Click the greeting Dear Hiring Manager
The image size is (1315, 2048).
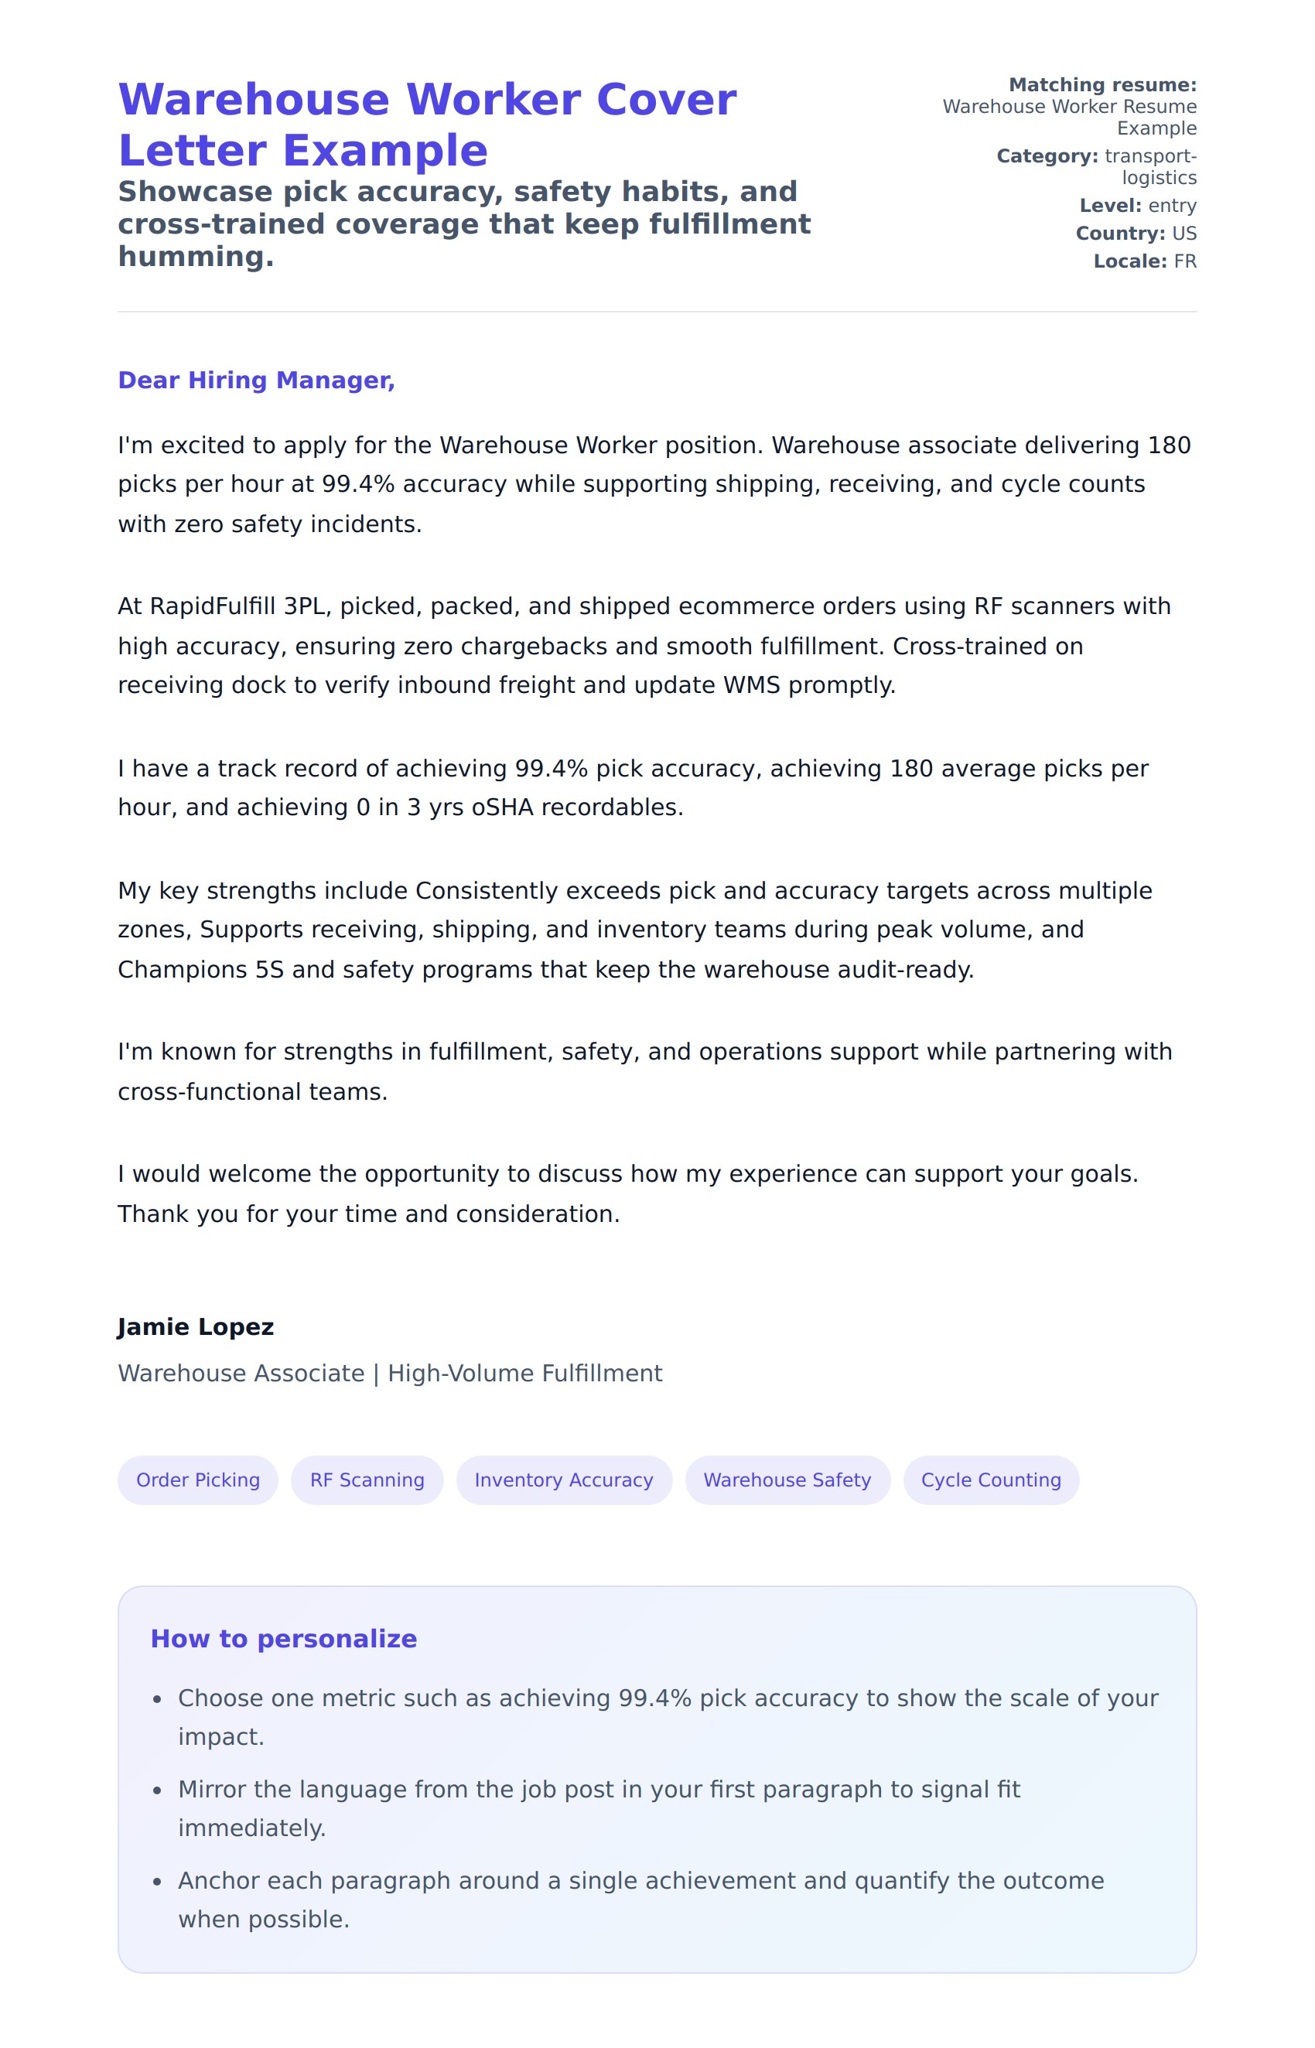[x=256, y=380]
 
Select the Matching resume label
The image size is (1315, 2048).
[x=1102, y=84]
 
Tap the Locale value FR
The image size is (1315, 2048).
[x=1185, y=261]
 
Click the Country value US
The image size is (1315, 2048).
[x=1184, y=233]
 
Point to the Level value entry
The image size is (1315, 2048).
[x=1173, y=206]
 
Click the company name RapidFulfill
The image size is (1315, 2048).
[x=213, y=606]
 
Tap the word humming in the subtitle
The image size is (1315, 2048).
[x=196, y=256]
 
